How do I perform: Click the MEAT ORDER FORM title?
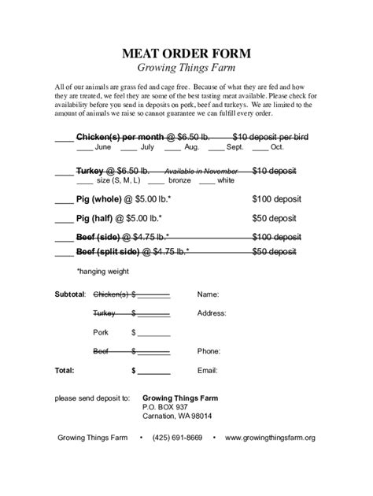186,54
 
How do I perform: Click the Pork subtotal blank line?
154,333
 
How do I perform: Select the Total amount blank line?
154,370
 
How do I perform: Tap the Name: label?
208,294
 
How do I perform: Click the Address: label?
212,313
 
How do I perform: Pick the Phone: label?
209,351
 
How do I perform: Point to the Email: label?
207,369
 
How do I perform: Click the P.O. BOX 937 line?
165,407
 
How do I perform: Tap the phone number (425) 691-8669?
177,438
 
